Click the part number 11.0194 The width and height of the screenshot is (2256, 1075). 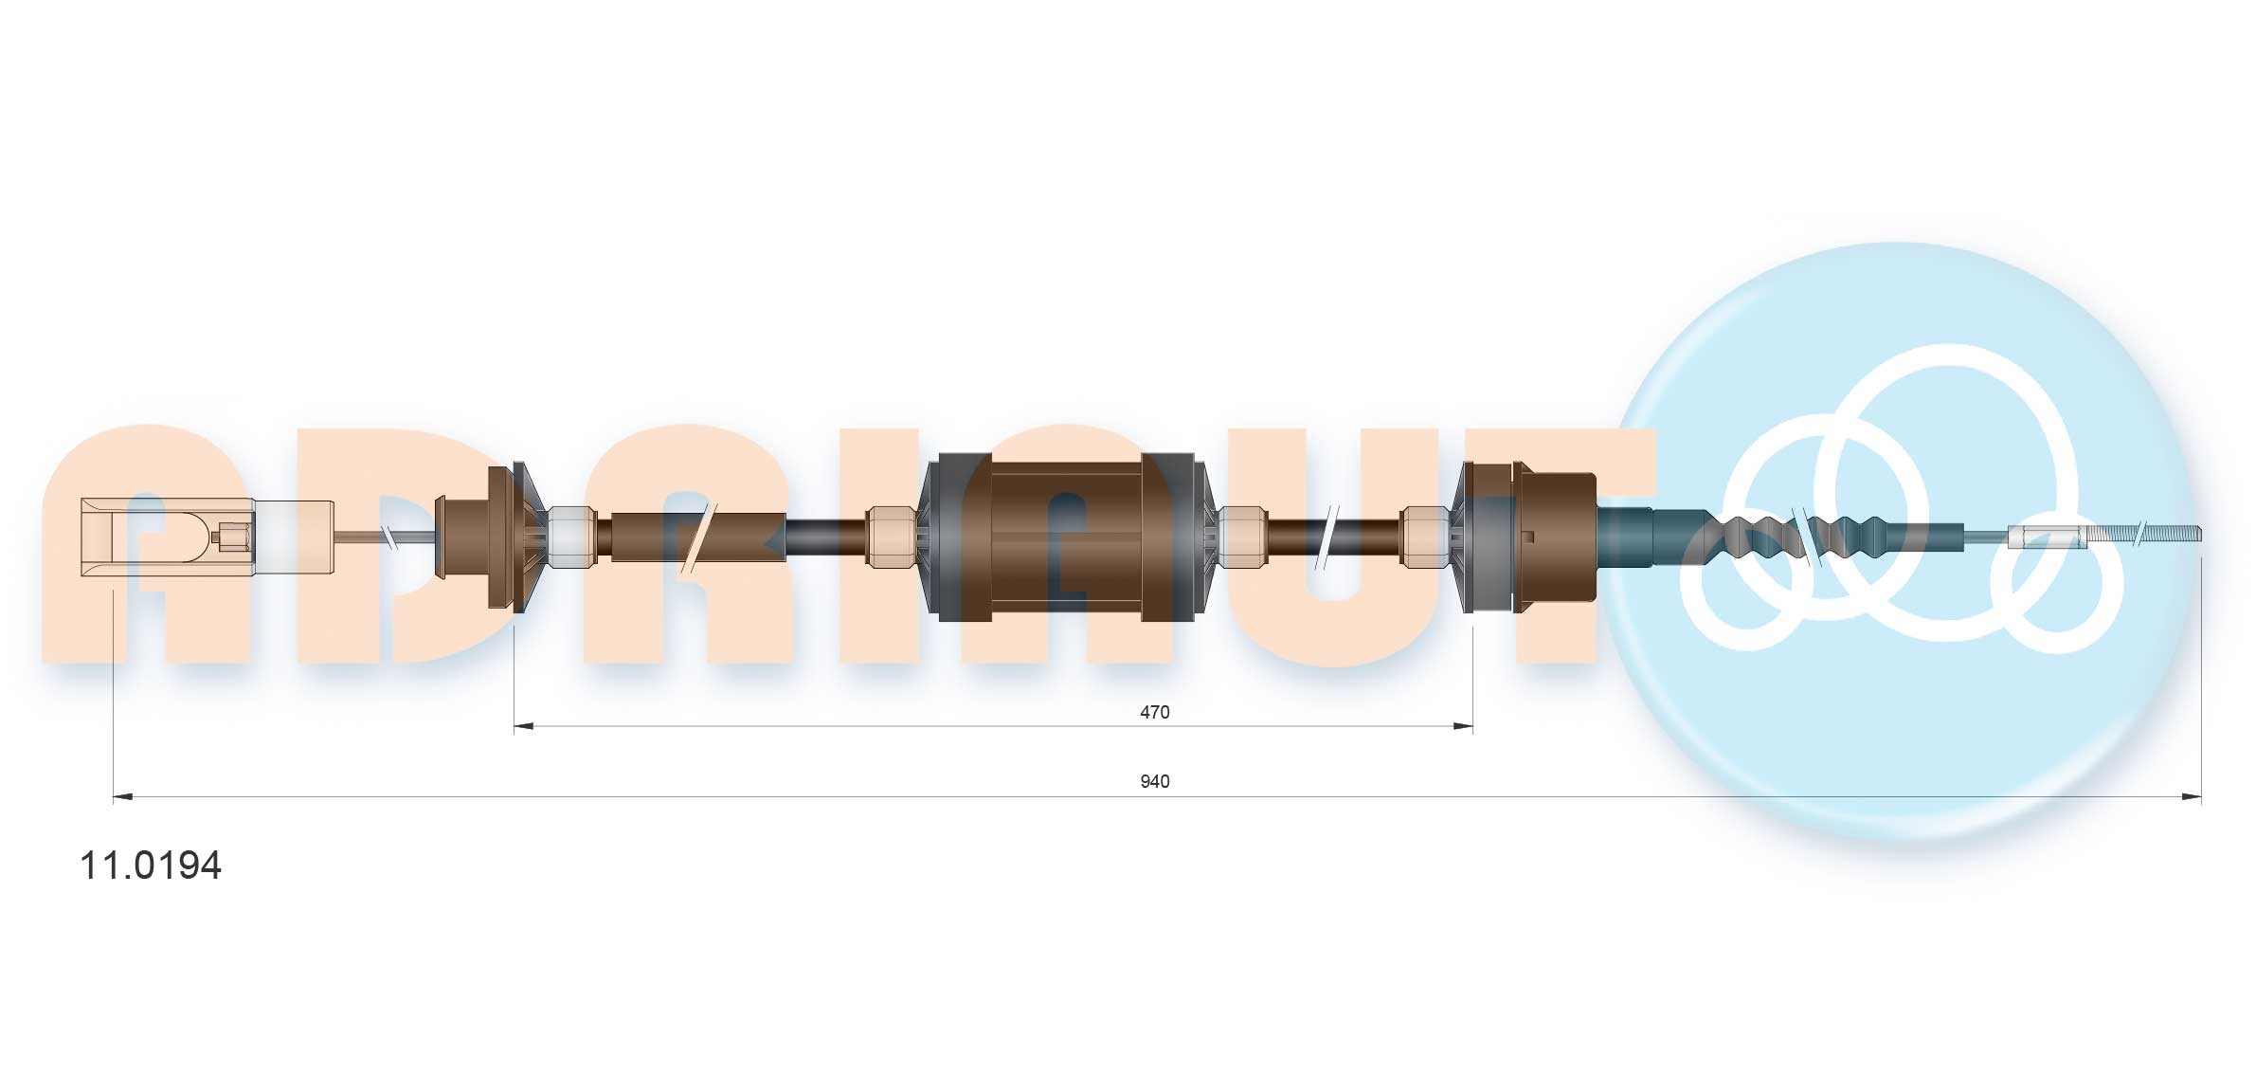point(150,865)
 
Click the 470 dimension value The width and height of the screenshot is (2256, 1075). point(1154,712)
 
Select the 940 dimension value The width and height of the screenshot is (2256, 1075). point(1154,781)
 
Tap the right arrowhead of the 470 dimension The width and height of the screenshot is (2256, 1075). point(1464,727)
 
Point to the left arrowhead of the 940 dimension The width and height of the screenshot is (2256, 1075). point(122,797)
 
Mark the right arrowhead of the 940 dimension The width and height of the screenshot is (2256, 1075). point(2192,797)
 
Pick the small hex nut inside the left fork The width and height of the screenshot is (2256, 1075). point(232,537)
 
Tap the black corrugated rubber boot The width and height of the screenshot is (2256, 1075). point(1800,537)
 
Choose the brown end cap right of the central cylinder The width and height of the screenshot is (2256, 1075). point(1554,537)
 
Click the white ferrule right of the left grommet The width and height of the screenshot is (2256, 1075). point(571,537)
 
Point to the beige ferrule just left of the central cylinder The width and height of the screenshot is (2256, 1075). point(891,537)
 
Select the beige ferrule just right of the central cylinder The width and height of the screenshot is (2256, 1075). point(1241,537)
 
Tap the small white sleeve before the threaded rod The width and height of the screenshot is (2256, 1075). point(2047,537)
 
